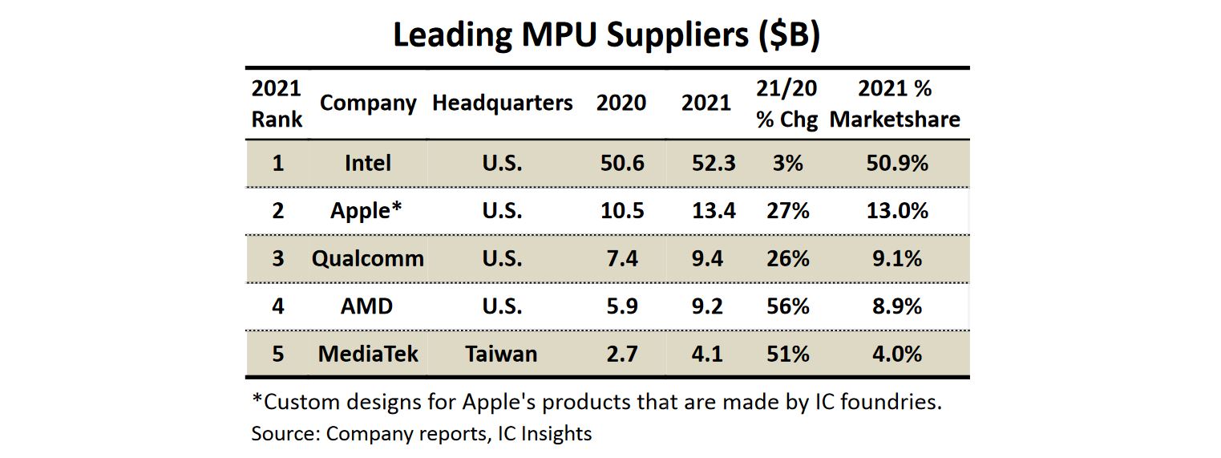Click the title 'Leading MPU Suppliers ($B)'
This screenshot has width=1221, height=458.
tap(606, 36)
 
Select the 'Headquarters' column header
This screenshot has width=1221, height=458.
tap(503, 103)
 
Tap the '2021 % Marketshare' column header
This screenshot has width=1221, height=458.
tap(895, 104)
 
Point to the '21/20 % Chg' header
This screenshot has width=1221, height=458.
tap(786, 104)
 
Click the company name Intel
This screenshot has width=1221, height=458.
tap(368, 164)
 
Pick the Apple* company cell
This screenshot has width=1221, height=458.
tap(366, 211)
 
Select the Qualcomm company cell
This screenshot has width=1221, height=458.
tap(368, 259)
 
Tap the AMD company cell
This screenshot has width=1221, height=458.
tap(367, 306)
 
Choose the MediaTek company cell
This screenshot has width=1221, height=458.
tap(368, 354)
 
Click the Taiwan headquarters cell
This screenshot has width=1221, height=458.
tap(502, 354)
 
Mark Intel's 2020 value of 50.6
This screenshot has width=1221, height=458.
tap(621, 164)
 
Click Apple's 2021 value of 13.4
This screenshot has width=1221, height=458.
tap(714, 211)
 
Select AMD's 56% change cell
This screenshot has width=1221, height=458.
tap(787, 306)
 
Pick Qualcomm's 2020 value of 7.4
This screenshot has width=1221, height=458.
tap(621, 259)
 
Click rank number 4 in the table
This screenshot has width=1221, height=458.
tap(277, 306)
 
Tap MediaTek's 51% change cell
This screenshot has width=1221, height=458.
tap(787, 354)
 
